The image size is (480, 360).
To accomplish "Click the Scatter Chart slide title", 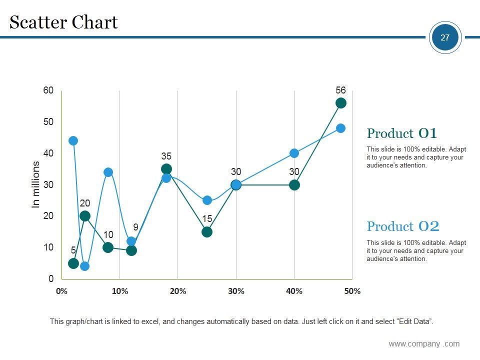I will (63, 22).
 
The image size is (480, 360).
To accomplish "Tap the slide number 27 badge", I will (445, 37).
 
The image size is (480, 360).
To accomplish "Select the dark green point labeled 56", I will (341, 103).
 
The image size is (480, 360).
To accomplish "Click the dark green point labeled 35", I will (166, 169).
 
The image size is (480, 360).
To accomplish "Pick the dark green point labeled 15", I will (207, 232).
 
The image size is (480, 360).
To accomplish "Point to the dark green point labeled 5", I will (73, 263).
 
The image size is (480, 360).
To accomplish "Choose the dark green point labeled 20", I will (85, 216).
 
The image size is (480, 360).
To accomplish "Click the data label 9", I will (135, 227).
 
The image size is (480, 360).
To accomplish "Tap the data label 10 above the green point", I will (108, 235).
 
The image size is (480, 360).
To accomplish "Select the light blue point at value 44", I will (73, 140).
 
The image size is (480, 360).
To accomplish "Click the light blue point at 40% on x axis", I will (294, 153).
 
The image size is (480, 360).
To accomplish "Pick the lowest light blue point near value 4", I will (85, 266).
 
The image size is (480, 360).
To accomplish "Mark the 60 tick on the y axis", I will (48, 90).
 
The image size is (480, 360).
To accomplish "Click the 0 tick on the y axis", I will (51, 279).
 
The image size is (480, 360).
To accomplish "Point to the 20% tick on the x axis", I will (178, 291).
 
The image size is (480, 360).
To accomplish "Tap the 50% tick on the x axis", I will (352, 291).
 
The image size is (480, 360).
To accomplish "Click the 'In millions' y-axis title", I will (36, 184).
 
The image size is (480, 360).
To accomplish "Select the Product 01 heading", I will (402, 133).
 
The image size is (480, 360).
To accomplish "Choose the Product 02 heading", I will (403, 226).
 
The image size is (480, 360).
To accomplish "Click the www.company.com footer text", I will (424, 343).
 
